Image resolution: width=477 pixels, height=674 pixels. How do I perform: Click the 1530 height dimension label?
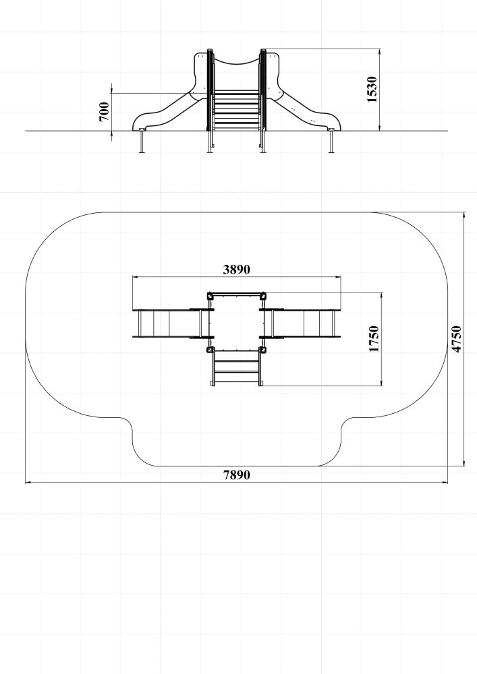(372, 90)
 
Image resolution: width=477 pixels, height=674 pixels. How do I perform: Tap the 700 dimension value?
(104, 112)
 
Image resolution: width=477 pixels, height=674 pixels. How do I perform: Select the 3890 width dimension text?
(236, 270)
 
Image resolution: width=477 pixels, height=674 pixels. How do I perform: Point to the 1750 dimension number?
(374, 339)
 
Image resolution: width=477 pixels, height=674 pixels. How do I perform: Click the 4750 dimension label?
(456, 339)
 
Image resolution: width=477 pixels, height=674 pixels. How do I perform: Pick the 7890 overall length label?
(236, 475)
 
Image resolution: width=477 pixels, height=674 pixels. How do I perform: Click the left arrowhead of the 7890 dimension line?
(28, 483)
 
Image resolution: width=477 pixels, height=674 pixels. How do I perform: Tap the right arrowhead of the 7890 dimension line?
(445, 483)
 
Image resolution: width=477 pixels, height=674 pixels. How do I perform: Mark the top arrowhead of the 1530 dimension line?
(380, 52)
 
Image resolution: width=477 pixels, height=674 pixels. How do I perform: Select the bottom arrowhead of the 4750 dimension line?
(464, 462)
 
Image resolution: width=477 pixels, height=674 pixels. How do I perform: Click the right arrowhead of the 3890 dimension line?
(337, 277)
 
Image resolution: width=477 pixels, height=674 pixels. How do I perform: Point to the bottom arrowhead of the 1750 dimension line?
(381, 383)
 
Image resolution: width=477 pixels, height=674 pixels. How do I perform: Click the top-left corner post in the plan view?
(210, 296)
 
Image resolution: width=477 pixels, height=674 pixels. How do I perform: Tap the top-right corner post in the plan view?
(262, 296)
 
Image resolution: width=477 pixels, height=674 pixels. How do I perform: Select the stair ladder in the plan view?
(236, 367)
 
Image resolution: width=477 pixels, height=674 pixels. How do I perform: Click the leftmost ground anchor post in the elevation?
(142, 142)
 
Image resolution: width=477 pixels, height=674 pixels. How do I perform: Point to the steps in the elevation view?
(236, 110)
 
